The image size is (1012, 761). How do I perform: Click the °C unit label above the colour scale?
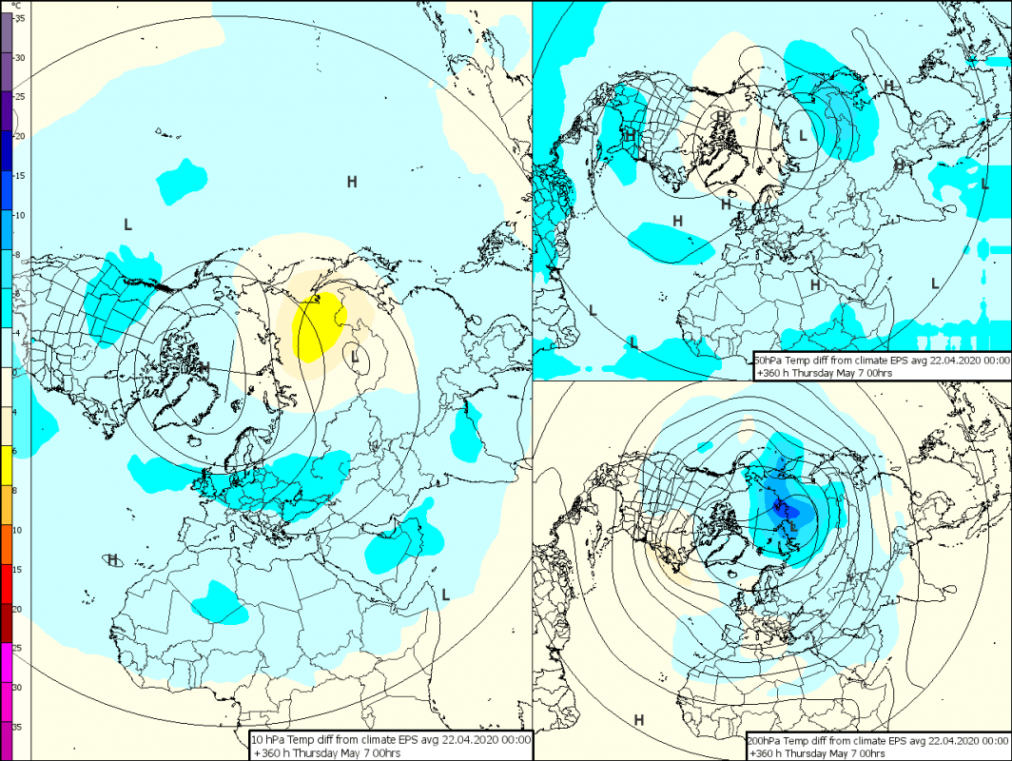(x=15, y=6)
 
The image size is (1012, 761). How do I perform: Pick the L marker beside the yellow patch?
(x=355, y=358)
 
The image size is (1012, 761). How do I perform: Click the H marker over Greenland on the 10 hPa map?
(x=204, y=366)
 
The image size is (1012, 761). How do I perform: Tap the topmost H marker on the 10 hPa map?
(x=352, y=181)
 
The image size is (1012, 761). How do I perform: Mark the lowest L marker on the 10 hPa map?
(x=444, y=595)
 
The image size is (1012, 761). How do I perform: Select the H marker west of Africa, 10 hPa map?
(x=112, y=559)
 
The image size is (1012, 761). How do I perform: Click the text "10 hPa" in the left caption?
(x=269, y=739)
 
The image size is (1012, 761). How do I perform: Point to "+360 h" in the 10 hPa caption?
(x=271, y=752)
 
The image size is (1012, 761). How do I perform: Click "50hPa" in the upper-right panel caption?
(x=769, y=361)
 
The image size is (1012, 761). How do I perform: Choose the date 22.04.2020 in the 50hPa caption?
(x=952, y=361)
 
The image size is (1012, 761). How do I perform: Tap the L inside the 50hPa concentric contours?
(x=803, y=136)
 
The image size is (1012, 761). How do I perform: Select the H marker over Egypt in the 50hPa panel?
(x=814, y=284)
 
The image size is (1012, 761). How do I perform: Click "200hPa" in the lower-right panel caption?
(x=767, y=739)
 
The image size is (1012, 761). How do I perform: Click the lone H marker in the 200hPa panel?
(x=638, y=720)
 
